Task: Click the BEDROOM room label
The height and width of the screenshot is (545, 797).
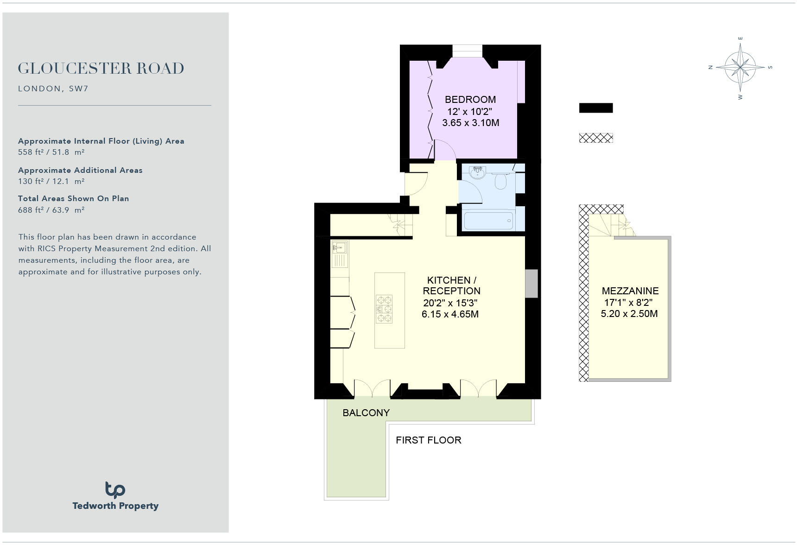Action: click(x=470, y=100)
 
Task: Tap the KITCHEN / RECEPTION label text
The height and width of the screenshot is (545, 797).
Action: click(x=451, y=285)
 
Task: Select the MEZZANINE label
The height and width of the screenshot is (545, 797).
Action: click(x=630, y=291)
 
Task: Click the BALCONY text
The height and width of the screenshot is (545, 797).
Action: click(x=366, y=413)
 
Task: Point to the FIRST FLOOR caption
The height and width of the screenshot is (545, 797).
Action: click(x=428, y=440)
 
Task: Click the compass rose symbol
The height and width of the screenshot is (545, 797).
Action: click(x=740, y=68)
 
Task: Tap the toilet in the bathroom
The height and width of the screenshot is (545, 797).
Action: click(x=500, y=181)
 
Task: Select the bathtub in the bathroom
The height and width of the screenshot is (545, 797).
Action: click(x=488, y=221)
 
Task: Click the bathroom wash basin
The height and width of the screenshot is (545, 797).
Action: click(x=477, y=173)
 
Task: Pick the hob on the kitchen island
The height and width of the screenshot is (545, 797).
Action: click(x=384, y=309)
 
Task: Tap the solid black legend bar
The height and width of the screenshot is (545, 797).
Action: click(x=595, y=108)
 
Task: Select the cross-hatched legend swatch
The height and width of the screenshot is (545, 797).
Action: click(x=595, y=138)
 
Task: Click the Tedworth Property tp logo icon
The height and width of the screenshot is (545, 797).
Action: click(x=115, y=489)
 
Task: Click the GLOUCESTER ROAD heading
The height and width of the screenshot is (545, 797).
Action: click(x=101, y=69)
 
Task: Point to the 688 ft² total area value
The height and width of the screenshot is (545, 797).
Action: click(x=51, y=210)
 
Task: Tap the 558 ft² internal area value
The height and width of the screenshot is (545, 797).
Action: click(x=51, y=152)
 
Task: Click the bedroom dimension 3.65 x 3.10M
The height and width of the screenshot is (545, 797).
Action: click(x=470, y=123)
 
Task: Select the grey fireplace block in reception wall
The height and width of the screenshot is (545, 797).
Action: click(x=531, y=283)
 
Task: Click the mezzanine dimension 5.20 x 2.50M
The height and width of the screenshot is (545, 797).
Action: click(x=629, y=314)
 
